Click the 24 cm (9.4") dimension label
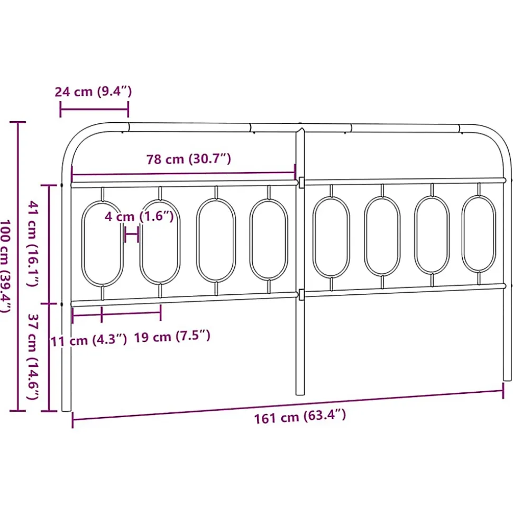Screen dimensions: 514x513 tap(93, 92)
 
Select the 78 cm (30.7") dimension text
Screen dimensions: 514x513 tap(189, 159)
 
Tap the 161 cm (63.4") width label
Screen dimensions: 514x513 tap(300, 417)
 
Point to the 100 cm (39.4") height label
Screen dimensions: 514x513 tap(6, 266)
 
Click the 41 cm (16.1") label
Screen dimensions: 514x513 tap(32, 244)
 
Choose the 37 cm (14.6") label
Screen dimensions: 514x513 tap(32, 356)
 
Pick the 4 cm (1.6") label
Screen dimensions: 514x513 tap(139, 217)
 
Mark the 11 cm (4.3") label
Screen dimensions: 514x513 tap(89, 340)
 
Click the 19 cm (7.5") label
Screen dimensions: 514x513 tap(172, 336)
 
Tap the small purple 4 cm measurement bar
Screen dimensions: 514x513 tap(132, 233)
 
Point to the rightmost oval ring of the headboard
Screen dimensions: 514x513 tap(479, 234)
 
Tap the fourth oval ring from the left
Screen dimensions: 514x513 tap(269, 240)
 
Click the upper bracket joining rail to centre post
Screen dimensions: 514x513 tap(300, 182)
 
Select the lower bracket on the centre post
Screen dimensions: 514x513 tap(300, 294)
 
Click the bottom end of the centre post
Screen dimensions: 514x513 tap(300, 392)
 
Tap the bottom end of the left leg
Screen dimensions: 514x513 tap(66, 408)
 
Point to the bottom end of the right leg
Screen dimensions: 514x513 tap(507, 377)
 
